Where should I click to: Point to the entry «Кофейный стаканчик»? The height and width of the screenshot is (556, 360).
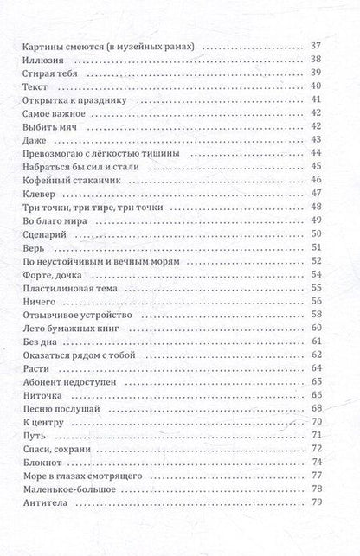pyautogui.click(x=65, y=180)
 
